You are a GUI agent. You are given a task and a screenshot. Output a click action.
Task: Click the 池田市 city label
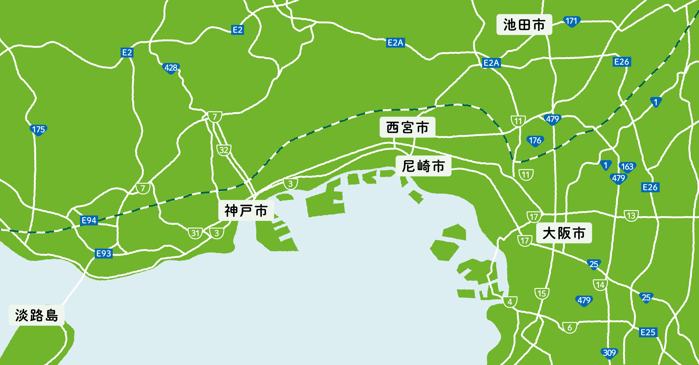pos(524,25)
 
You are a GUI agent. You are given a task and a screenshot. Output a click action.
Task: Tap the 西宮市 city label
pos(407,127)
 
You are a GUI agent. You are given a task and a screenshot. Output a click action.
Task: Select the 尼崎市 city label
pos(423,166)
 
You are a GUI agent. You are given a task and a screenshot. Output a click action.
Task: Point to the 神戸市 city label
pos(246,211)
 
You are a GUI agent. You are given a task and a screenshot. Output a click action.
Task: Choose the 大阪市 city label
pos(564,233)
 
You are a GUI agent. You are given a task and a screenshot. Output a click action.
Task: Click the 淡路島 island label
pos(37,315)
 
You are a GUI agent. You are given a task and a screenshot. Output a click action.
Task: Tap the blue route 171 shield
pos(571,21)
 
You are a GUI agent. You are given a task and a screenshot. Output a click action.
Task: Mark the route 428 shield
pos(171,68)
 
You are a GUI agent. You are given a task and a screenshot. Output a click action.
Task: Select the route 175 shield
pos(38,130)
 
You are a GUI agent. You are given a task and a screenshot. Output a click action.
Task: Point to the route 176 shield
pos(535,141)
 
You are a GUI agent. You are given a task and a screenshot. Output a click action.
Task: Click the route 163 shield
pos(627,166)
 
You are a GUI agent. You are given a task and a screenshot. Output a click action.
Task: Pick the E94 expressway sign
pos(89,220)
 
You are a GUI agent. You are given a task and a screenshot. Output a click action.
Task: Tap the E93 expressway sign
pos(104,253)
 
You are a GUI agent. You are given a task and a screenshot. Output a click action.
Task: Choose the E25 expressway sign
pos(648,332)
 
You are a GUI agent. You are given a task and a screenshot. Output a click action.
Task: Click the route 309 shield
pos(609,353)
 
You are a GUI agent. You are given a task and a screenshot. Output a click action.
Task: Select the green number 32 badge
pos(224,150)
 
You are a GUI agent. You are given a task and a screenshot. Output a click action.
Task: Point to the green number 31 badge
pos(196,233)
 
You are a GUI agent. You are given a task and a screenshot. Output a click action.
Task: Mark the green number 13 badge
pos(631,216)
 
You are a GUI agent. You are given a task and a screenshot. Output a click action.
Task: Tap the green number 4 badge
pos(510,302)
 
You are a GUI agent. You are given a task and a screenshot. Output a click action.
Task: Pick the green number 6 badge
pos(570,328)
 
